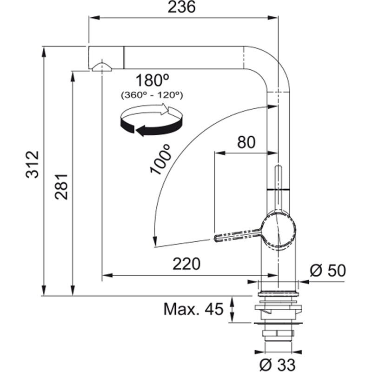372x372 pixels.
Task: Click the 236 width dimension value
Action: coord(181,7)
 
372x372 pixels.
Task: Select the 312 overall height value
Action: coord(32,164)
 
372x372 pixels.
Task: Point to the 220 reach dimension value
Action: coord(186,264)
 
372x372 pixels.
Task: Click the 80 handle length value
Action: coord(246,142)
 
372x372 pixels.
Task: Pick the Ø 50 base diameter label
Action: coord(328,270)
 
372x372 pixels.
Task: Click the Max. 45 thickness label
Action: coord(193,309)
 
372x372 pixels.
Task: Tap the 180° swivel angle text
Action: coord(153,80)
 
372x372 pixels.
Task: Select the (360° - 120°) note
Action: coord(152,95)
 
